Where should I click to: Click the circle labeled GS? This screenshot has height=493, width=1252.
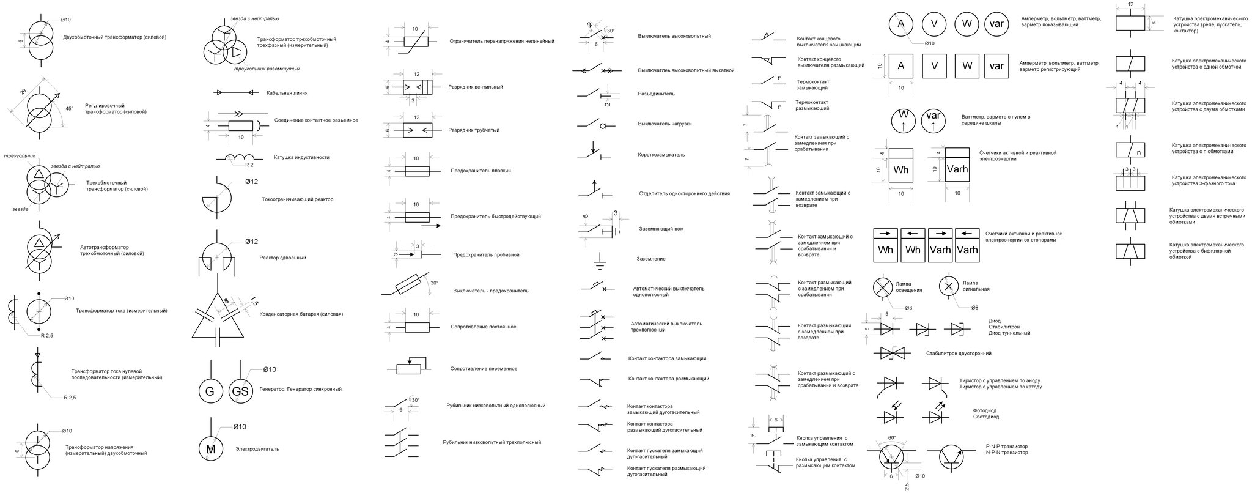tap(241, 392)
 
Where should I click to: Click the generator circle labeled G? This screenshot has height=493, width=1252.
tap(210, 392)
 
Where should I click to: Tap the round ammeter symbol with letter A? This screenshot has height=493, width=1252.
tap(900, 24)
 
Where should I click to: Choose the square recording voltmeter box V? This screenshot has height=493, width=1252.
tap(934, 66)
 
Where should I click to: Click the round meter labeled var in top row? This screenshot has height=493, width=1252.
tap(996, 24)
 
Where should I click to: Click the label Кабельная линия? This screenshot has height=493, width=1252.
tap(287, 93)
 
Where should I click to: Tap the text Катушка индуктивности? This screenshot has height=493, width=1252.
tap(301, 157)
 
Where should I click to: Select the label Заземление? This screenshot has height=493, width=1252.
tap(651, 259)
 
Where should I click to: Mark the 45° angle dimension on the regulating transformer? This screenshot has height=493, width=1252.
tap(69, 109)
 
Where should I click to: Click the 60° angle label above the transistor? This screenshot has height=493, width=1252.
tap(892, 437)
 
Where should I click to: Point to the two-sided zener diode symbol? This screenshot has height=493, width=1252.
tap(894, 353)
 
